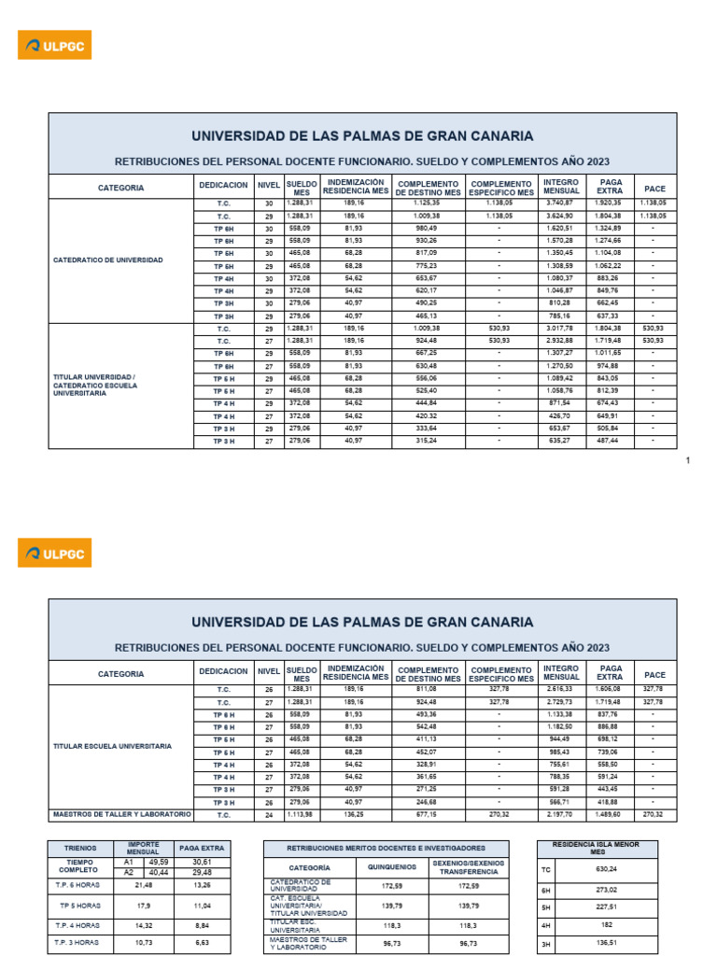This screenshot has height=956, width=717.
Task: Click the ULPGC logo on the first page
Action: (55, 44)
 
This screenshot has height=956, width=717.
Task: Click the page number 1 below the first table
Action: (688, 460)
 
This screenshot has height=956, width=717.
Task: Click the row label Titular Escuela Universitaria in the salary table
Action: (113, 747)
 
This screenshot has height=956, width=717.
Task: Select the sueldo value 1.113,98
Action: (301, 814)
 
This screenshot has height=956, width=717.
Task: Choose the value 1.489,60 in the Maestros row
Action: (609, 814)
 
